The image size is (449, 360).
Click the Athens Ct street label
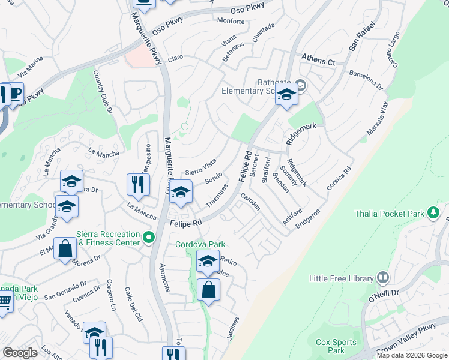(x=318, y=61)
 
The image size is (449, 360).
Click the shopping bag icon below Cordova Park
(x=208, y=290)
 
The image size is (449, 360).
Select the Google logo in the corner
(x=20, y=353)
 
